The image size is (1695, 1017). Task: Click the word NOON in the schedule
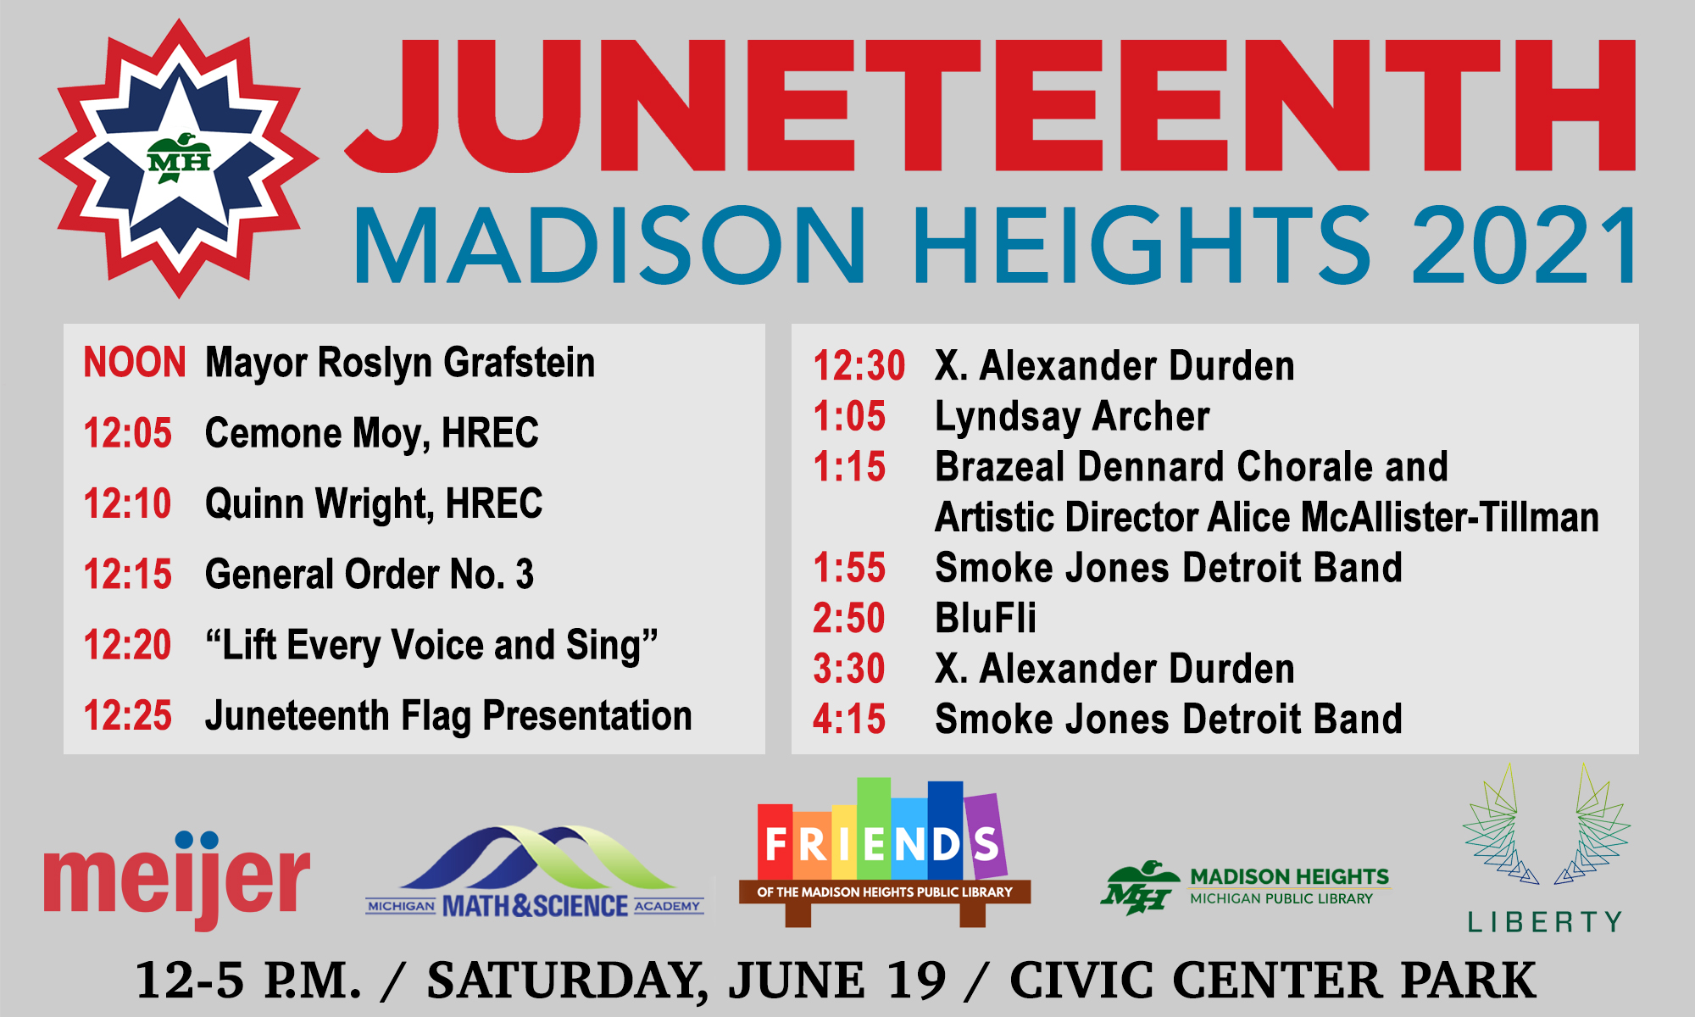pos(134,363)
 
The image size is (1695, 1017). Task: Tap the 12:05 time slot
pos(127,433)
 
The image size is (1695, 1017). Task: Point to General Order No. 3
pos(370,574)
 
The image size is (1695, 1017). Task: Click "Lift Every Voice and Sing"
pos(431,646)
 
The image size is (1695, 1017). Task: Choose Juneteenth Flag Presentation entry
pos(448,717)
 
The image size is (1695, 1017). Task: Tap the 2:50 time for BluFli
pos(848,618)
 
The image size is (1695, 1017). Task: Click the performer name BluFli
pos(986,618)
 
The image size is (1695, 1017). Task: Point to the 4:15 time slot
pos(848,719)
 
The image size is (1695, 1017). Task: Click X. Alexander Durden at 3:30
pos(1114,669)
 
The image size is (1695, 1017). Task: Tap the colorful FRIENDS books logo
pos(885,852)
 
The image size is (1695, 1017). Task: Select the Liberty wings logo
pos(1546,847)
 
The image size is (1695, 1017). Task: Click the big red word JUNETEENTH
pos(990,105)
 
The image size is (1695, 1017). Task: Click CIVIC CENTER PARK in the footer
pos(1273,981)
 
